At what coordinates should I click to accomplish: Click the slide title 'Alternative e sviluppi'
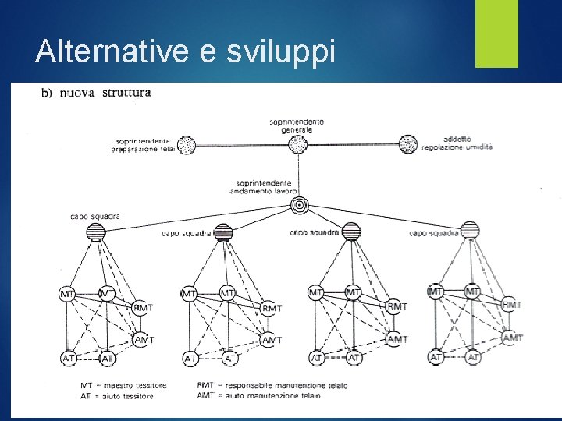(186, 51)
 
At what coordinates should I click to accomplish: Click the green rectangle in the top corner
(497, 34)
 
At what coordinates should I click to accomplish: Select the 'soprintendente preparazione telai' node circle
(186, 144)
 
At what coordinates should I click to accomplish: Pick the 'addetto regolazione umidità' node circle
(408, 144)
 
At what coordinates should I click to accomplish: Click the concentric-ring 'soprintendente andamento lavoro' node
(299, 205)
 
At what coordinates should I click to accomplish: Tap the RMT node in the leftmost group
(141, 307)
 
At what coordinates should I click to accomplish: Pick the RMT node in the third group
(397, 306)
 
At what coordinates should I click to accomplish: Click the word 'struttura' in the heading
(126, 94)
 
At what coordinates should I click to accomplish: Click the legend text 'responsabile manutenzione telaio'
(284, 385)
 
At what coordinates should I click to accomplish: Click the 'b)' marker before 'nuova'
(47, 94)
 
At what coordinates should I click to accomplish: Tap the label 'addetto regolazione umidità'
(457, 143)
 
